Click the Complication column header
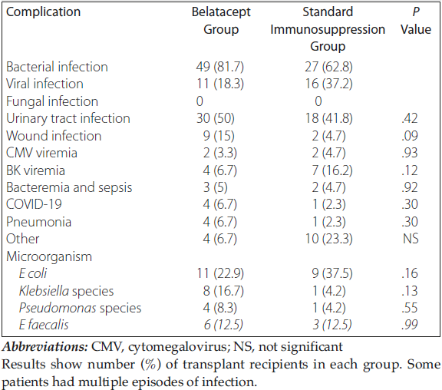click(44, 12)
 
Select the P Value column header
click(416, 21)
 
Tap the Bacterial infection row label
click(57, 67)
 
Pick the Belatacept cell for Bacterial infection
click(220, 67)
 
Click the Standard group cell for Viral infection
click(328, 84)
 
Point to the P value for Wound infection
click(410, 136)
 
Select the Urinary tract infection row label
click(68, 119)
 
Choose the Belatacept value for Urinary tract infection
click(216, 119)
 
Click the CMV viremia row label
click(41, 153)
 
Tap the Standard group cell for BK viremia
click(332, 170)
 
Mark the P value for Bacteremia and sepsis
click(410, 187)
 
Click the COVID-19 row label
click(34, 204)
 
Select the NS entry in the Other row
click(411, 239)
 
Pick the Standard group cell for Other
click(328, 239)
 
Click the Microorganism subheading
click(49, 257)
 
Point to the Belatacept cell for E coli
click(220, 273)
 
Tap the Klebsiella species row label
click(66, 291)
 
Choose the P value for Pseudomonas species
click(410, 308)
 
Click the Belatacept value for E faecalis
click(223, 325)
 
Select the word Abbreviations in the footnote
click(45, 347)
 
